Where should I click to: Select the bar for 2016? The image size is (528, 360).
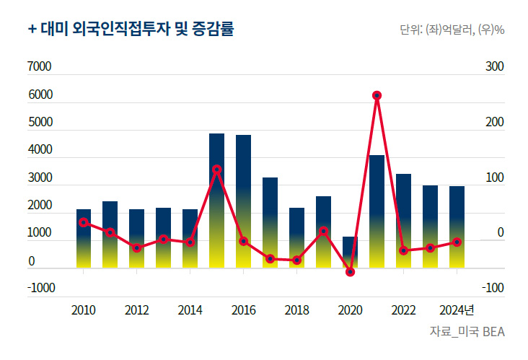coord(243,201)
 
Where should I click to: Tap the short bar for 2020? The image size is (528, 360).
coord(350,253)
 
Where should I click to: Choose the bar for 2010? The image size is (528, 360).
coord(84,239)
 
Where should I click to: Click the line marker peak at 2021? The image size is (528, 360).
coord(377,95)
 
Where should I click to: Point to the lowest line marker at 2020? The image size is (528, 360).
coord(350,272)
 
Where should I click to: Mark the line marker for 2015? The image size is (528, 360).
coord(216,170)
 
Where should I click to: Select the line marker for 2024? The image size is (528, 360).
coord(457,242)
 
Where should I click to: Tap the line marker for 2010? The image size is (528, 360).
coord(84,222)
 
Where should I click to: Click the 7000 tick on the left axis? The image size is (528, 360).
coord(40,67)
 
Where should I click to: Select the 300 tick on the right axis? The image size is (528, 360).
coord(494,67)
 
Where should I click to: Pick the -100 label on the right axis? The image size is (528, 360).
coord(493,289)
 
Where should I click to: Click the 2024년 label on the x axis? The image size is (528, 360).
coord(457,311)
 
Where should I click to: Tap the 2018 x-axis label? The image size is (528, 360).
coord(296,311)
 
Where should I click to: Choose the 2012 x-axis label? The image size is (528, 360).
coord(137,311)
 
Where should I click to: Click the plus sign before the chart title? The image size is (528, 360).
coord(32,30)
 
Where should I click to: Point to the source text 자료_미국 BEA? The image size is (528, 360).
coord(467,332)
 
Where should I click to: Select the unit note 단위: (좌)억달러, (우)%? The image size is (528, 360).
coord(451,31)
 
